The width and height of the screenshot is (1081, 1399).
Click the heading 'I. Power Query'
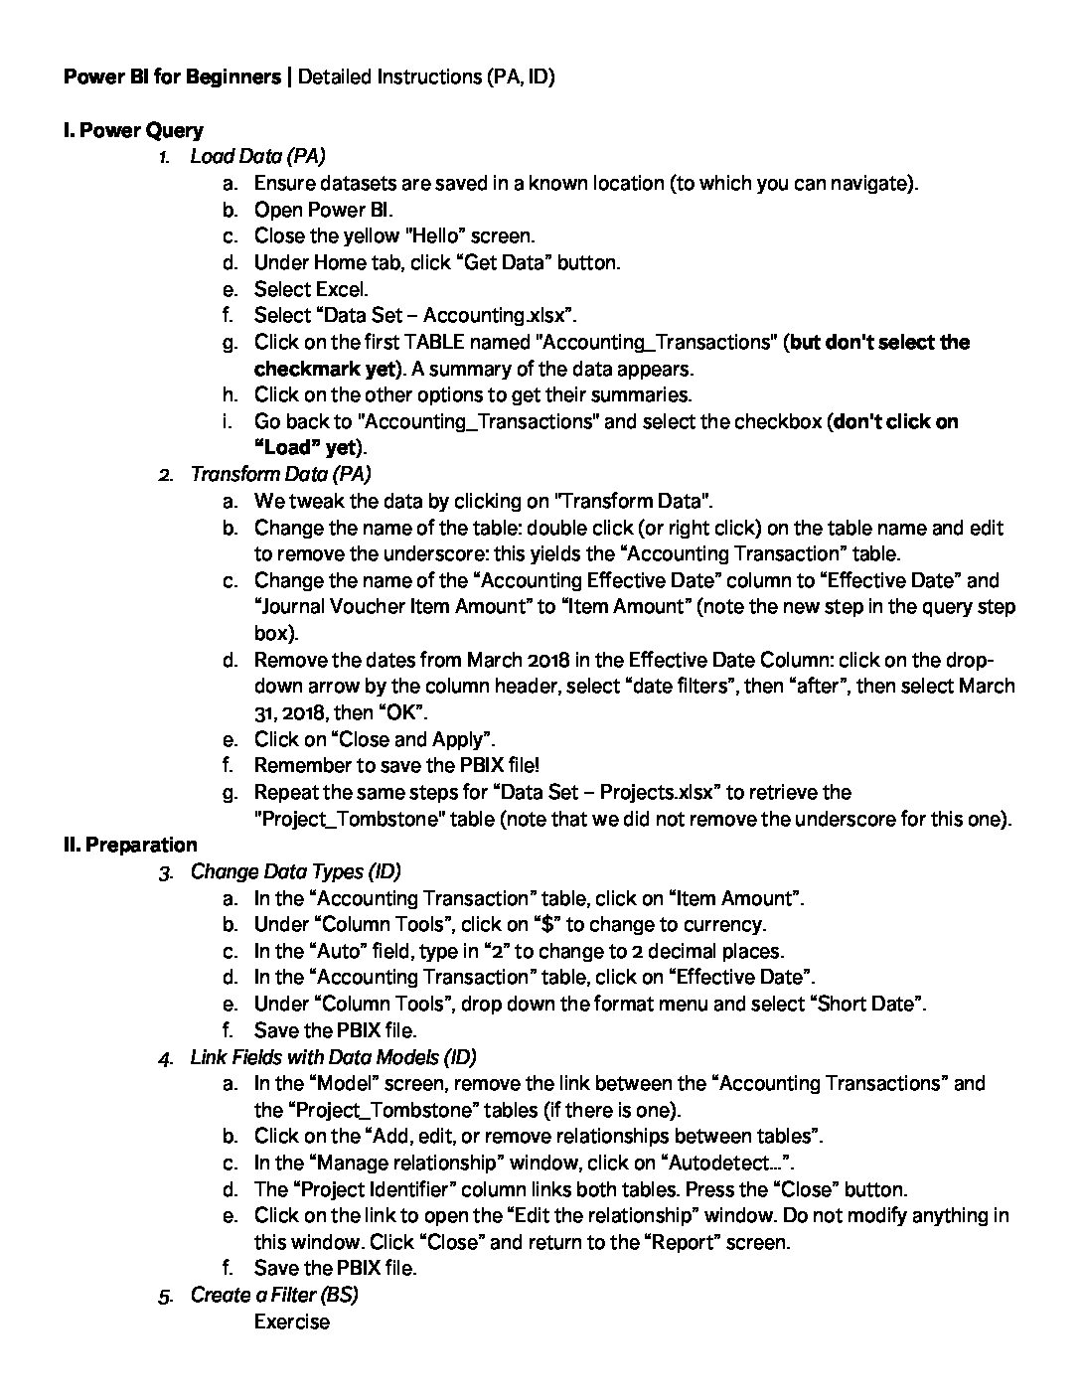click(x=133, y=130)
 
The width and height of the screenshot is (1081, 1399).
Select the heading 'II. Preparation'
click(x=130, y=845)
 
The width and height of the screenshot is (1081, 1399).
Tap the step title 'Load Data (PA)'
click(x=257, y=156)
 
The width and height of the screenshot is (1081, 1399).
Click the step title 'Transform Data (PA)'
click(x=280, y=474)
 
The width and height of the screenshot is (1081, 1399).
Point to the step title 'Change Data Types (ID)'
click(x=295, y=871)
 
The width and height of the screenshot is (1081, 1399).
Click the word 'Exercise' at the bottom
click(x=291, y=1321)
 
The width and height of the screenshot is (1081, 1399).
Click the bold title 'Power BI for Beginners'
click(x=172, y=77)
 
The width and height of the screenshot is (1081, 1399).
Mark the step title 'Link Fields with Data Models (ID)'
click(x=333, y=1057)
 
